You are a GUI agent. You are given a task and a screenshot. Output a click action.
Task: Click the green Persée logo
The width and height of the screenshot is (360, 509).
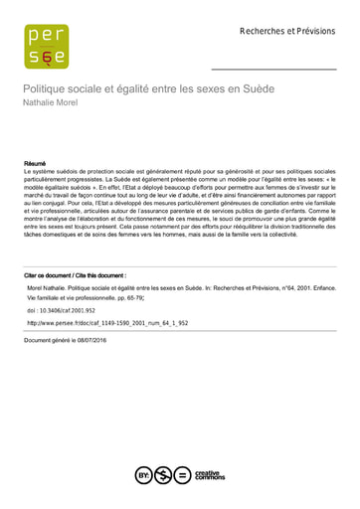[x=47, y=47]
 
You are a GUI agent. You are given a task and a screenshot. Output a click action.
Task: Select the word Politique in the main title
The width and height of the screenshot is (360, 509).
[x=49, y=89]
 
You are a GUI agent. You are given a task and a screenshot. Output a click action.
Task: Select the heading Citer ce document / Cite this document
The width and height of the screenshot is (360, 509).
[x=75, y=274]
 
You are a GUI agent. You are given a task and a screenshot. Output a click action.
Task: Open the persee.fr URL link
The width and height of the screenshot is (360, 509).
[x=93, y=323]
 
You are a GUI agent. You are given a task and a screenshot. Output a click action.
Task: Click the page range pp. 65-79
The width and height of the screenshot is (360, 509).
[x=130, y=297]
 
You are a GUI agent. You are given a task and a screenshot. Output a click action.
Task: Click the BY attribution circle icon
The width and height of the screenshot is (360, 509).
[x=143, y=474]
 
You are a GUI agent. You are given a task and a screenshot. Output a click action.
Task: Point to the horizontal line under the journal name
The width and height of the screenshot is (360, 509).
[x=274, y=69]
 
